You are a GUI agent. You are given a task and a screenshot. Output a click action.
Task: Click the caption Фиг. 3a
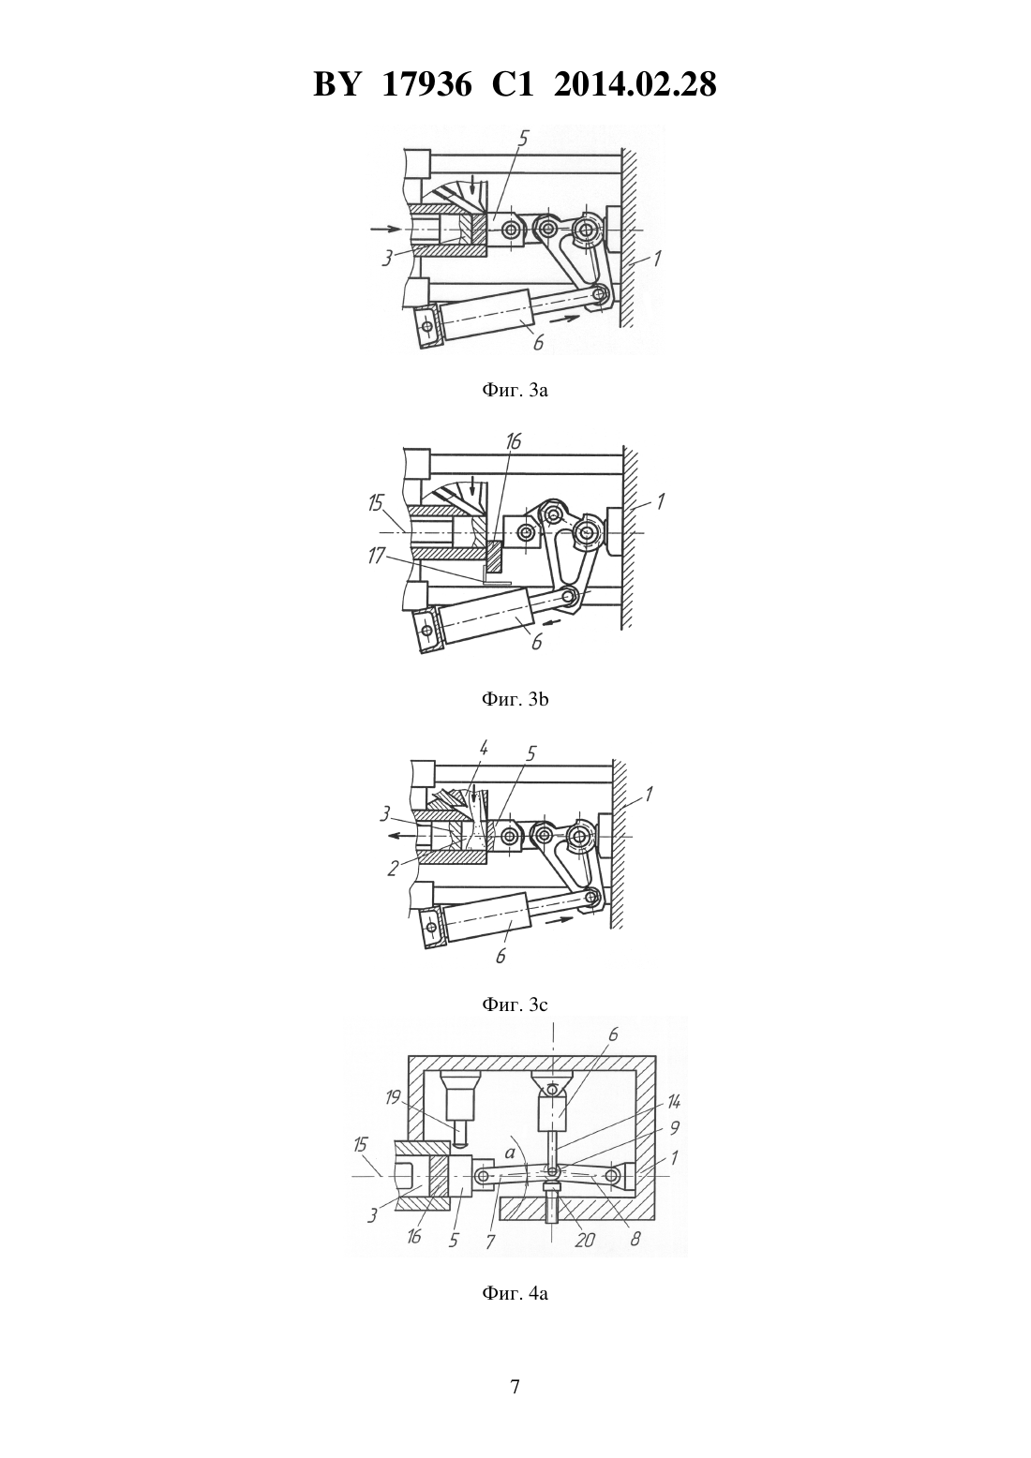coord(515,391)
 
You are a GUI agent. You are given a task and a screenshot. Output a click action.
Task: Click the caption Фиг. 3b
coord(515,700)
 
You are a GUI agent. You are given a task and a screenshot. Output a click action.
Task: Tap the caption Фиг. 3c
coord(515,1004)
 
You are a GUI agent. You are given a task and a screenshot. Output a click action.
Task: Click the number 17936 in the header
coord(426,84)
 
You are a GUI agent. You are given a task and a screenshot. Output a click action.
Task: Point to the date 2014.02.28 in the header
coord(635,84)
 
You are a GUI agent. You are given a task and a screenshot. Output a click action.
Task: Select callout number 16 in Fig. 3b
coord(514,441)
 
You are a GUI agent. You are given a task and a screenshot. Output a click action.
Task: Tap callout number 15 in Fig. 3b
coord(376,503)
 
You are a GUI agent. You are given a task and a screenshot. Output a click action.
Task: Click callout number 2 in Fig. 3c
coord(392,868)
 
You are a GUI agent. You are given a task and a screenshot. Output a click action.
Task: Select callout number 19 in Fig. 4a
coord(393,1098)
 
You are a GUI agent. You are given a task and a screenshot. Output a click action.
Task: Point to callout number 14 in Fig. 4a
coord(673,1101)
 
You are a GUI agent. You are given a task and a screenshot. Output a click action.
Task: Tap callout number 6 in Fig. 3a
coord(538,342)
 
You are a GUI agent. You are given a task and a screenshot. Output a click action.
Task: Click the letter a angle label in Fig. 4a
coord(509,1153)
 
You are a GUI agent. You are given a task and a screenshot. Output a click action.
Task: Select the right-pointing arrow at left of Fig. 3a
coord(384,229)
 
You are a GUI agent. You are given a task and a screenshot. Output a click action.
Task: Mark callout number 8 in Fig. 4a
coord(635,1238)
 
